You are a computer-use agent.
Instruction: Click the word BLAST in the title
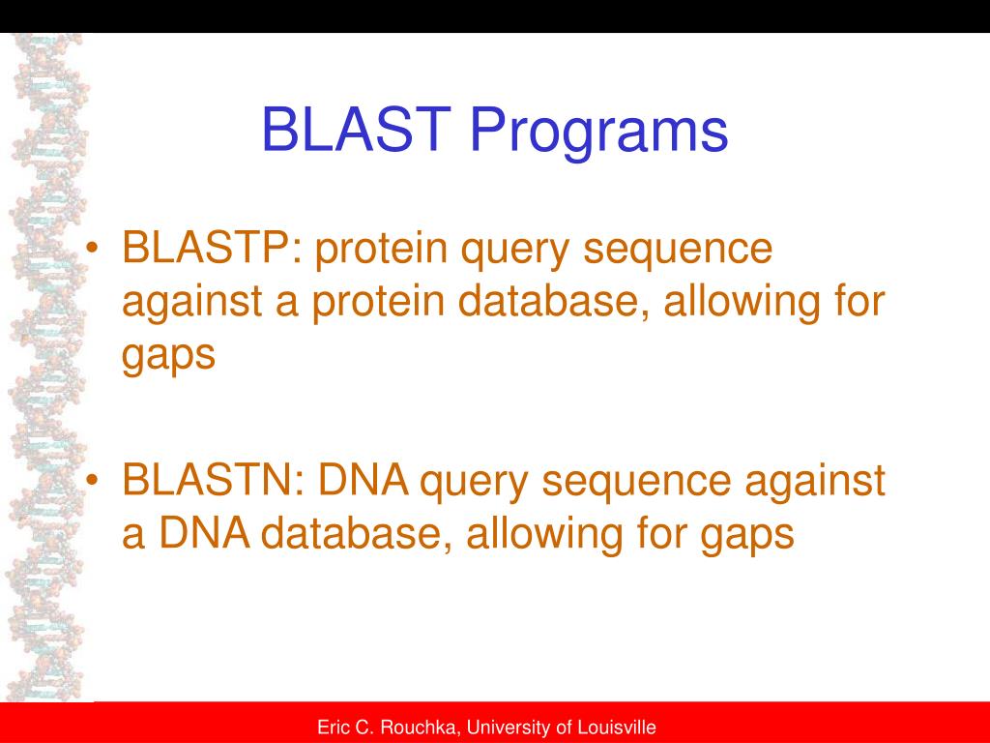(356, 129)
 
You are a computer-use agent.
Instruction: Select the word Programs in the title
(599, 134)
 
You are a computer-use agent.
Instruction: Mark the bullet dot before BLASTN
(93, 482)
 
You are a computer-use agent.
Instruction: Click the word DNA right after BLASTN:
(363, 480)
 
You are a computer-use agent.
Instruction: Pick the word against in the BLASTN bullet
(815, 482)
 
